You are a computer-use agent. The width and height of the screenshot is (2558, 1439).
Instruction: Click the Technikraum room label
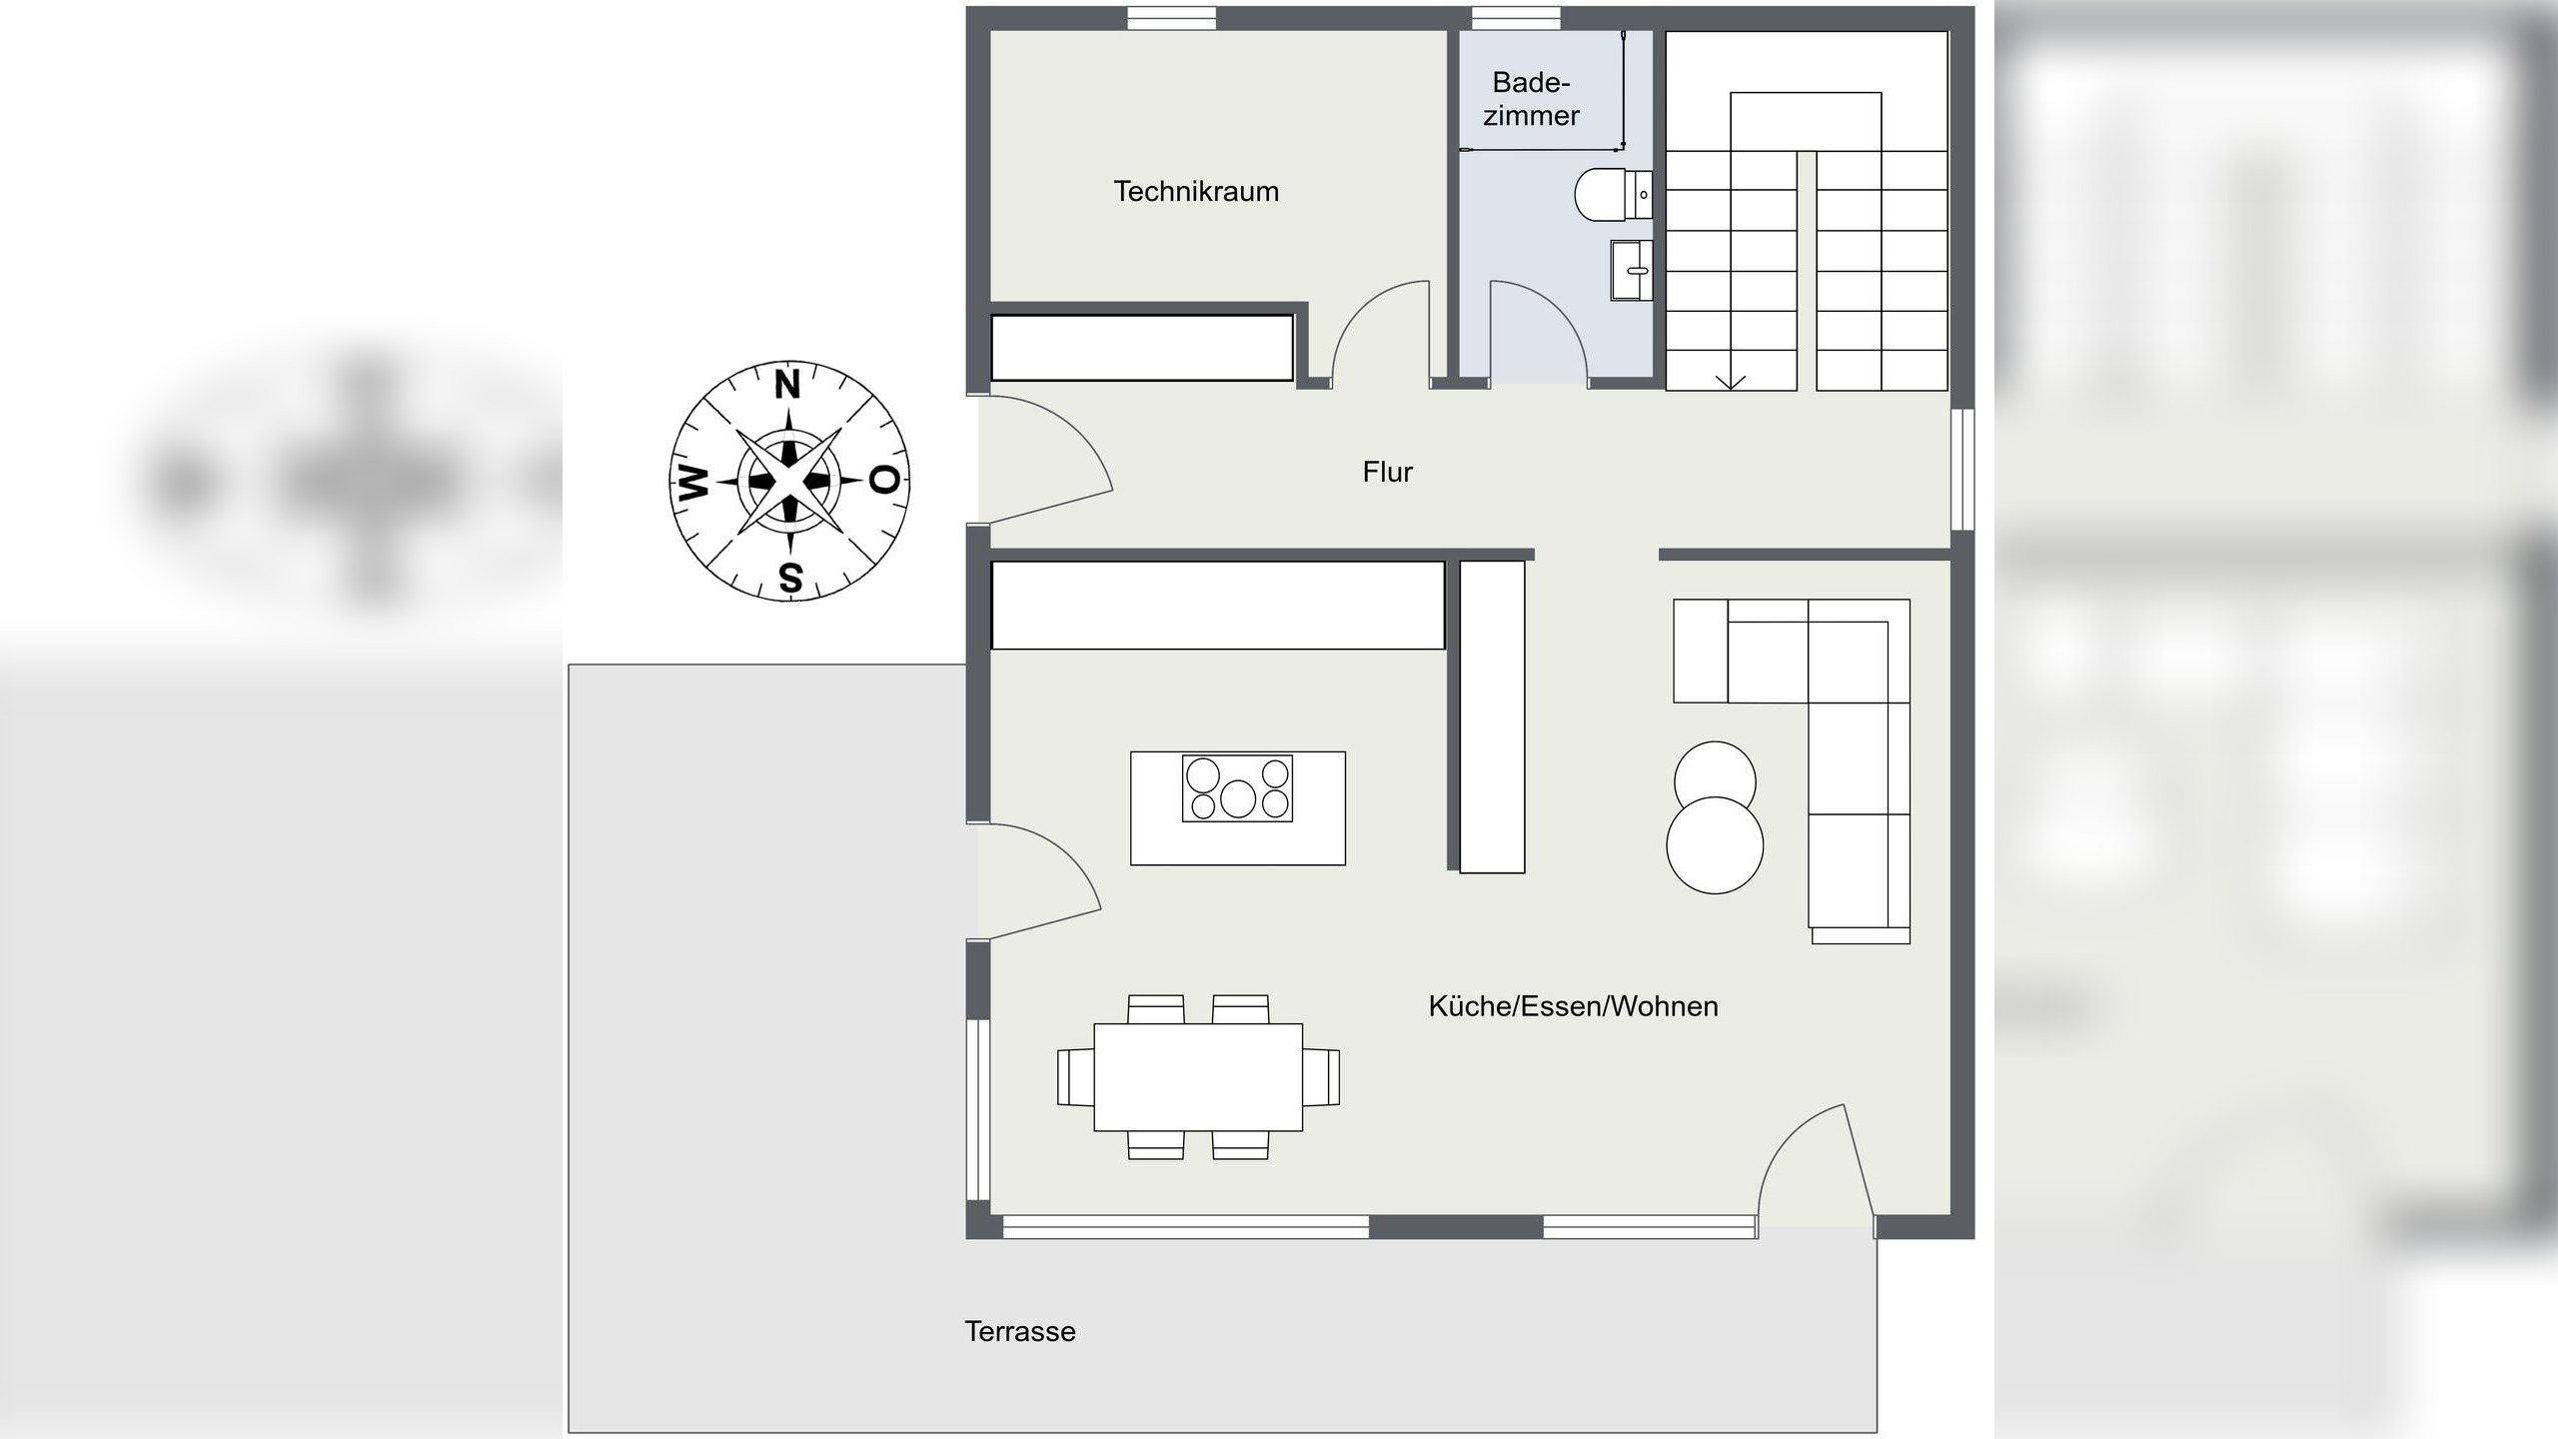(1196, 191)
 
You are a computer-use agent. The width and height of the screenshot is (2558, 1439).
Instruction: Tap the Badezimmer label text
(1531, 99)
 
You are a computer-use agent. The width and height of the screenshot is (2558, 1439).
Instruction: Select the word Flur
(1387, 472)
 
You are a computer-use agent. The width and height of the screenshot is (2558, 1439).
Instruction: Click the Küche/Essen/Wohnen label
(1573, 1006)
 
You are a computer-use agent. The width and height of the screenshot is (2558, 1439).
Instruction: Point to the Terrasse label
(1019, 1331)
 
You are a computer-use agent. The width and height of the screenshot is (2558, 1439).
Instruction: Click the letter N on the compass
(788, 385)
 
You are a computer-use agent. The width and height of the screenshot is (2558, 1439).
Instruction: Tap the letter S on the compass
(789, 578)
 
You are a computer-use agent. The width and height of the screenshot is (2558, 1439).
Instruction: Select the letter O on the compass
(884, 481)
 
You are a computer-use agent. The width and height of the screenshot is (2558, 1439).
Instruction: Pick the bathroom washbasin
(1631, 270)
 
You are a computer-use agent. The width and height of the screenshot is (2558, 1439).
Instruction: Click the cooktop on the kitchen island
(1237, 788)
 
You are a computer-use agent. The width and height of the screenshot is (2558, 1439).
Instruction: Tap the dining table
(1197, 1076)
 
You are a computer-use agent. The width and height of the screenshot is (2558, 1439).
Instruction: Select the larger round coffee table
(1715, 844)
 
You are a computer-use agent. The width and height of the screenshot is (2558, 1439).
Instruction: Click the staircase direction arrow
(1732, 381)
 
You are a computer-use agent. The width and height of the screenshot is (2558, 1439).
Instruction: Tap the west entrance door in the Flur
(1044, 455)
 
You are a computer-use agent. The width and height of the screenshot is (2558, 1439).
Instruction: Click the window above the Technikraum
(1171, 17)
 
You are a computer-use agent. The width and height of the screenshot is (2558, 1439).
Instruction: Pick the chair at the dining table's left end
(1075, 1076)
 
